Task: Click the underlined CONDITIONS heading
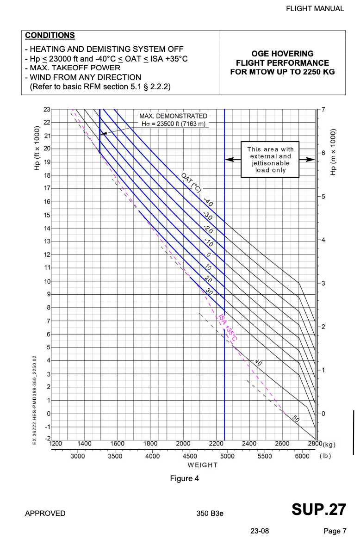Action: coord(50,36)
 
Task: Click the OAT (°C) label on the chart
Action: coord(189,183)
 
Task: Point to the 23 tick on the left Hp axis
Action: coord(47,109)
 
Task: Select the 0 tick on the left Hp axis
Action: coord(48,413)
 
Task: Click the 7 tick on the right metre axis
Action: coord(323,109)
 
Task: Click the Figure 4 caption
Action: coord(184,478)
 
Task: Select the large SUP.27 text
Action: coord(318,509)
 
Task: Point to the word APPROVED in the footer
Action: coord(45,513)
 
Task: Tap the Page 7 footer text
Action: coord(335,531)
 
